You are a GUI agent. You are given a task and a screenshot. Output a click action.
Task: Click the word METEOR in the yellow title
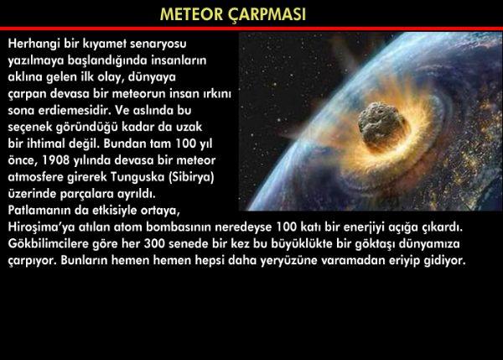[191, 14]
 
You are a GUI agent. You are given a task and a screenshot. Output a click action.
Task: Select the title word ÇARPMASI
[267, 15]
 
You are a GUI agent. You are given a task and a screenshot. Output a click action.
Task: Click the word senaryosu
[158, 44]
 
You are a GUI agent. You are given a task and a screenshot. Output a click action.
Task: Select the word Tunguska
[138, 177]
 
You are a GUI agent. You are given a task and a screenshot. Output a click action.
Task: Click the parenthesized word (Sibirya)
[191, 177]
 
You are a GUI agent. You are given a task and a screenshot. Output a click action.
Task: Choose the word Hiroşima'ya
[41, 227]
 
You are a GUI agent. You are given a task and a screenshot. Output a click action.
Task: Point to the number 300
[154, 243]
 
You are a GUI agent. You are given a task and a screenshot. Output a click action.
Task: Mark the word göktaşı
[376, 244]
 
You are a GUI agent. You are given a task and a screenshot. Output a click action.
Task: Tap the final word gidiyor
[444, 260]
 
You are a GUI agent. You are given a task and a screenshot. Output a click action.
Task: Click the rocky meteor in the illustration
[383, 126]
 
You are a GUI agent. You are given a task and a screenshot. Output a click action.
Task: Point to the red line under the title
[251, 29]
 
